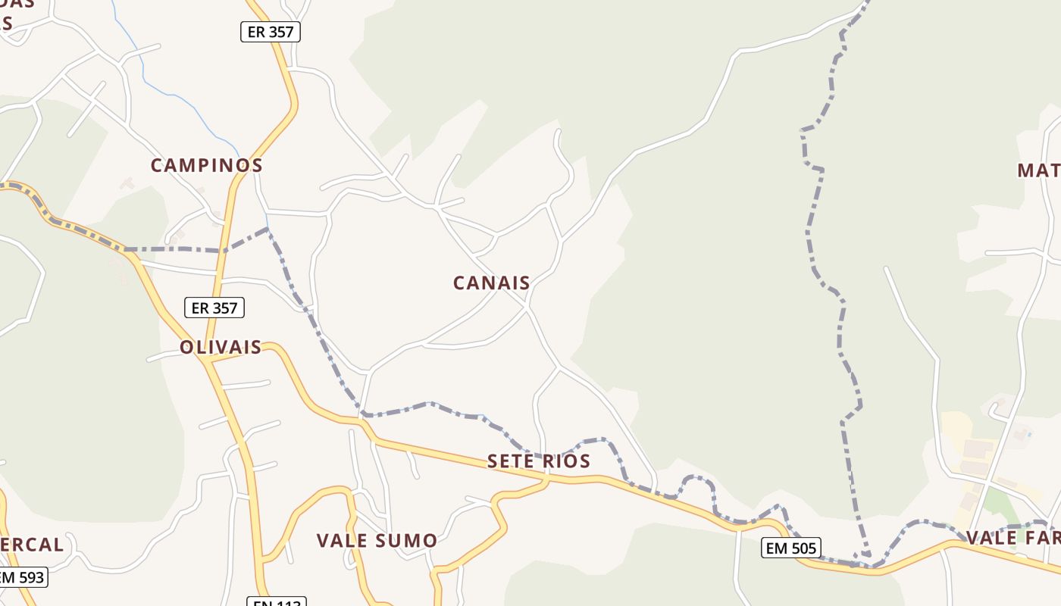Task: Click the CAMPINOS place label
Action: (206, 165)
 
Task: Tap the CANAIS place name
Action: (491, 283)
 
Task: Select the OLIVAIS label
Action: (220, 348)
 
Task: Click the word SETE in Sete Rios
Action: (512, 461)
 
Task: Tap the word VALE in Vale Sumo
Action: (342, 541)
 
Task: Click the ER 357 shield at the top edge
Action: (271, 32)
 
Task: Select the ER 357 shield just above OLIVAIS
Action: (214, 308)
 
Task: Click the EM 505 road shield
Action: (790, 548)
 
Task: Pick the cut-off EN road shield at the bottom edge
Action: (277, 602)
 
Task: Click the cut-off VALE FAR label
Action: (1012, 538)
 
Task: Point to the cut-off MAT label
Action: (1038, 170)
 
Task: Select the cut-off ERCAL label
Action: (32, 545)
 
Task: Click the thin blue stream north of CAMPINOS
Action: (182, 98)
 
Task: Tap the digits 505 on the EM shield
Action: (803, 548)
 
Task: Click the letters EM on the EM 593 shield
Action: (8, 577)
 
